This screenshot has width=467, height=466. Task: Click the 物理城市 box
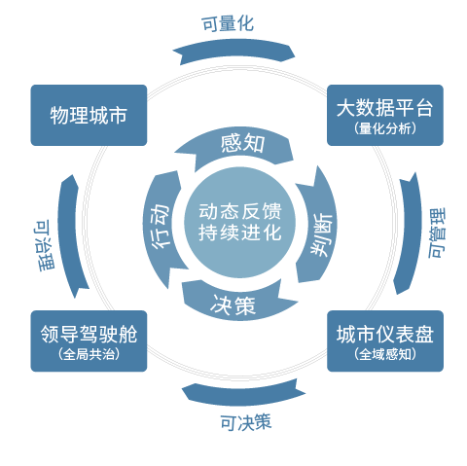point(90,117)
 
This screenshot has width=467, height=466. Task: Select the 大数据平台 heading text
point(385,106)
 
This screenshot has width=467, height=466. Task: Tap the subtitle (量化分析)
point(385,128)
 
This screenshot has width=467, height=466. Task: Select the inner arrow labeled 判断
point(318,226)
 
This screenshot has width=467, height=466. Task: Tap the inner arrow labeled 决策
point(233,305)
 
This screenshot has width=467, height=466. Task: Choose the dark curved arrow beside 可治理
point(69,233)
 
